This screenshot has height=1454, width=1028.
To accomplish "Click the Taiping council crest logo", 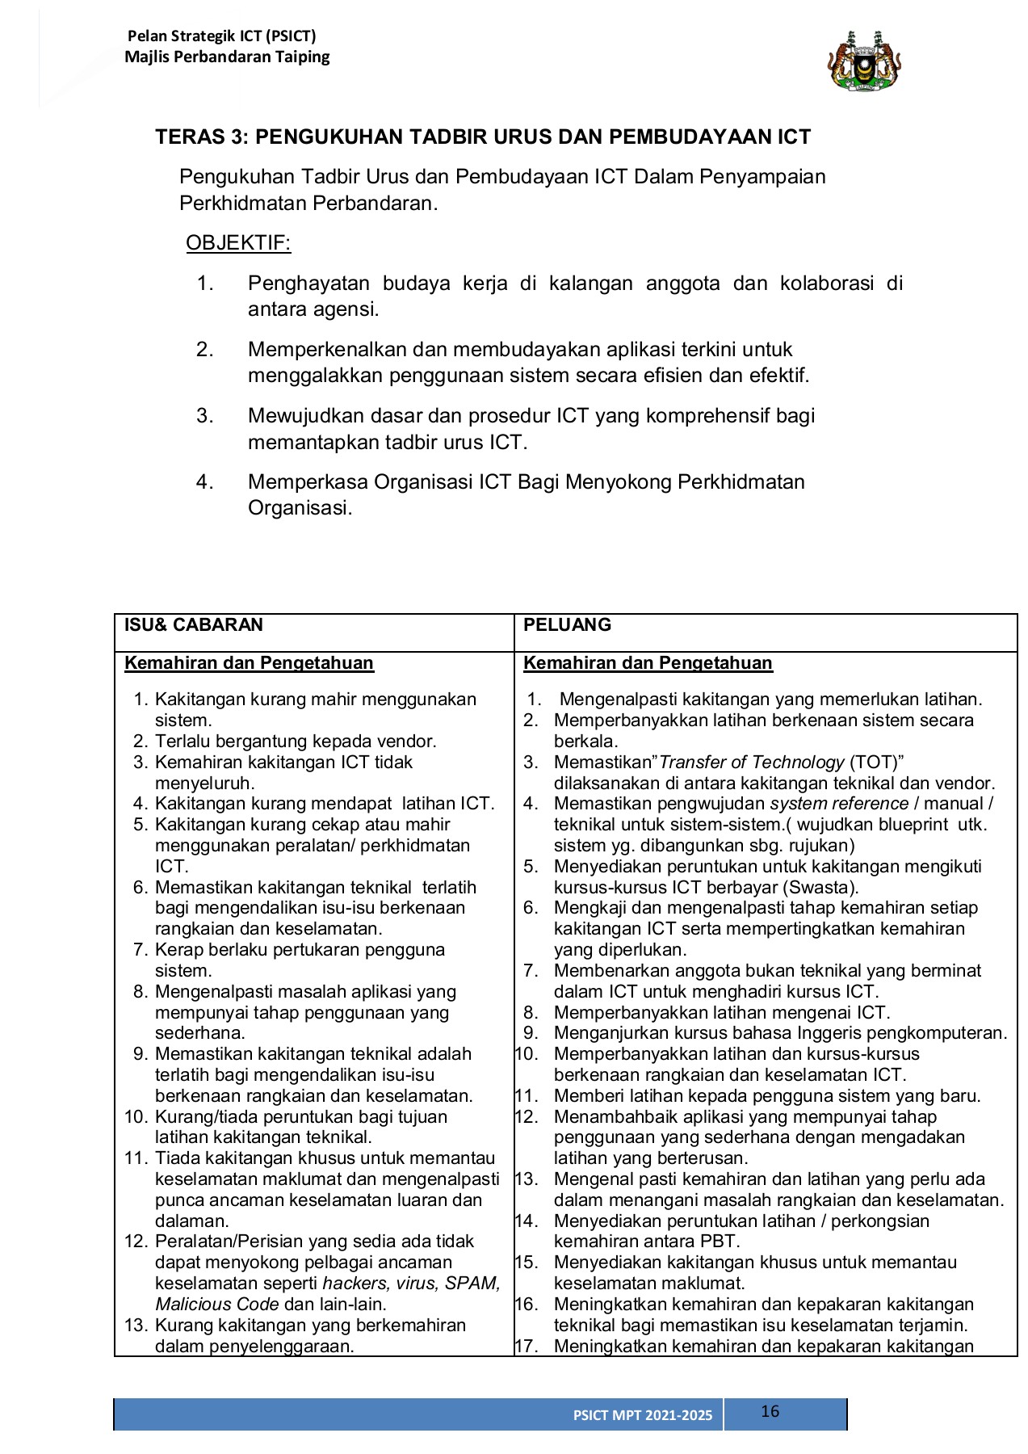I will coord(864,61).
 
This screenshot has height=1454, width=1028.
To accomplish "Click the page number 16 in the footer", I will coord(770,1411).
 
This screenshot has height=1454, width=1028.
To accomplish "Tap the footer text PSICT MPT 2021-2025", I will coord(643,1415).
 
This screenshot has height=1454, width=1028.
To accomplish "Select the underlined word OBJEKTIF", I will coord(238,243).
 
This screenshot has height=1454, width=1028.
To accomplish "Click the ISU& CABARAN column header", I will coord(194,624).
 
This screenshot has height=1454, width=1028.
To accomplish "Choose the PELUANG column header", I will coord(568,624).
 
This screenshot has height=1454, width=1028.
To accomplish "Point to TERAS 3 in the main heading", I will coord(200,137).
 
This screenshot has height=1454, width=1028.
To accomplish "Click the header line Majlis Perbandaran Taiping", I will coord(227,57).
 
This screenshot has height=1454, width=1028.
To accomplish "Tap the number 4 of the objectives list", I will coord(204,482).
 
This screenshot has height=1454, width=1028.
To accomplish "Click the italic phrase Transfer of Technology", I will coord(752,763).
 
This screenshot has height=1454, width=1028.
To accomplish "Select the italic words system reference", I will coord(839,804).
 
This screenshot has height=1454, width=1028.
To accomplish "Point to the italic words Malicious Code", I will coord(217,1305).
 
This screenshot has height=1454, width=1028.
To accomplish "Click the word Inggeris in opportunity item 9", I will coord(830,1033).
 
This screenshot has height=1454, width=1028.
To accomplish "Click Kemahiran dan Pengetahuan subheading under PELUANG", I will coord(648,663).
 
